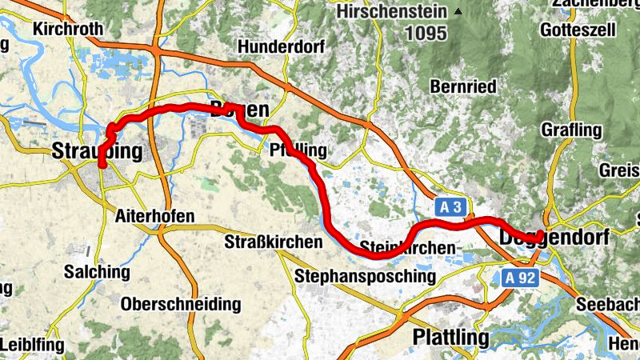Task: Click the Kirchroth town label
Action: (68, 29)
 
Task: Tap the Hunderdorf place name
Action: (281, 47)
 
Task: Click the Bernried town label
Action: (463, 86)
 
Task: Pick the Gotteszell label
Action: (578, 29)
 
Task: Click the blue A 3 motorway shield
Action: (451, 207)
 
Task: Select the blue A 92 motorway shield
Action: (519, 278)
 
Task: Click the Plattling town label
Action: (450, 338)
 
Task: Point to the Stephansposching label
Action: (366, 277)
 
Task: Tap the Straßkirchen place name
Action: (273, 242)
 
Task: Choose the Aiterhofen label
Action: (155, 217)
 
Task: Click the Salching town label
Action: (96, 272)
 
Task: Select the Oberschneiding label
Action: (180, 304)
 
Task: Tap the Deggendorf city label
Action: (554, 238)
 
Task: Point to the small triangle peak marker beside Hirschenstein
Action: (458, 11)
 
